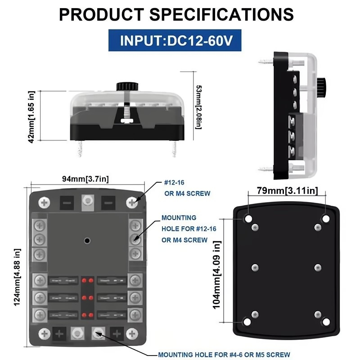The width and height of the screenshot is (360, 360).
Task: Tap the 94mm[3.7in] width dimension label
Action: [x=85, y=179]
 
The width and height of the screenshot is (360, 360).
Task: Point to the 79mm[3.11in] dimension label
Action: [x=287, y=191]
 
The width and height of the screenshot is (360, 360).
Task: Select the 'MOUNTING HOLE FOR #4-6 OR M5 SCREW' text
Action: [x=224, y=355]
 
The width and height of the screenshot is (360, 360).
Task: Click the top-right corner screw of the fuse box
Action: [x=132, y=202]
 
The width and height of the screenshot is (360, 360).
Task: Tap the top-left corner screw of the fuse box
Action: [x=44, y=202]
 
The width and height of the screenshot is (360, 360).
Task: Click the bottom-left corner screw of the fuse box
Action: [x=44, y=333]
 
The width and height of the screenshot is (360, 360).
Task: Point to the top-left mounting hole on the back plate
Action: [x=248, y=219]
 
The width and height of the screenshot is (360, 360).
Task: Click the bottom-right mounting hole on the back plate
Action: [x=326, y=322]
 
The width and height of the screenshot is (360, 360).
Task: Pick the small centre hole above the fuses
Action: [x=86, y=240]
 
